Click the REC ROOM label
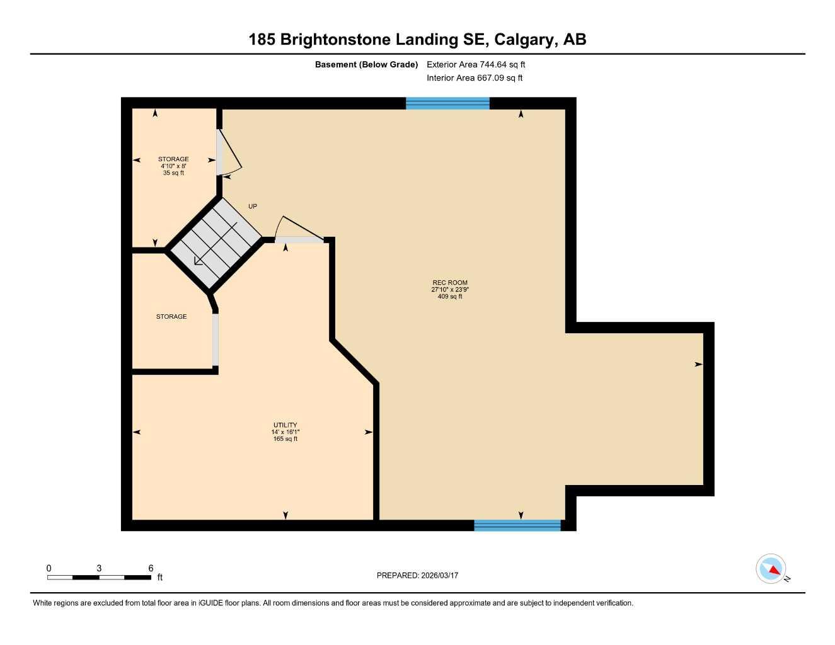point(450,283)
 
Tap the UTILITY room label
point(285,425)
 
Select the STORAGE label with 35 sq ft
point(173,159)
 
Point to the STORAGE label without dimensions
point(171,316)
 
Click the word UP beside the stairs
point(253,207)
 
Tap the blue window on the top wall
point(447,103)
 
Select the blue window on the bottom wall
point(517,525)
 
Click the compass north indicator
point(771,569)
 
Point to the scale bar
point(99,577)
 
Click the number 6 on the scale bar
point(151,568)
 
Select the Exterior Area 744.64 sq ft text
point(476,64)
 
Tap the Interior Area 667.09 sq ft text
point(475,78)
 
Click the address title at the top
point(417,40)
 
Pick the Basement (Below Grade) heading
point(366,64)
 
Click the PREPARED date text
point(417,575)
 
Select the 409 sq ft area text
point(450,296)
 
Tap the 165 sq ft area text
point(285,439)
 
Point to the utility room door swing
point(296,228)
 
